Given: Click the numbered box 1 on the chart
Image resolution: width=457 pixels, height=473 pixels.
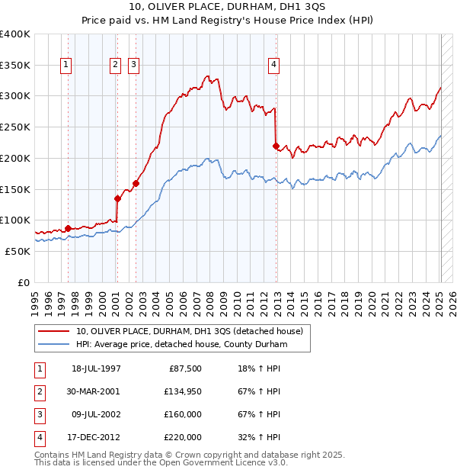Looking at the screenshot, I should (x=67, y=66).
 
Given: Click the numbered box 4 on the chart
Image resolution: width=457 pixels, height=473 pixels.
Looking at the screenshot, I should (x=273, y=66).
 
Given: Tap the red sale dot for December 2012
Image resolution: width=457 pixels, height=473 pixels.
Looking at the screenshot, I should (x=276, y=145).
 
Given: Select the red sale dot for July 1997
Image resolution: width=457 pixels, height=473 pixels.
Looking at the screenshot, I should (x=68, y=228).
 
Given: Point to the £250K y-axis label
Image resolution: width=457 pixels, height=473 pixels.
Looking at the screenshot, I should (x=15, y=127).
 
